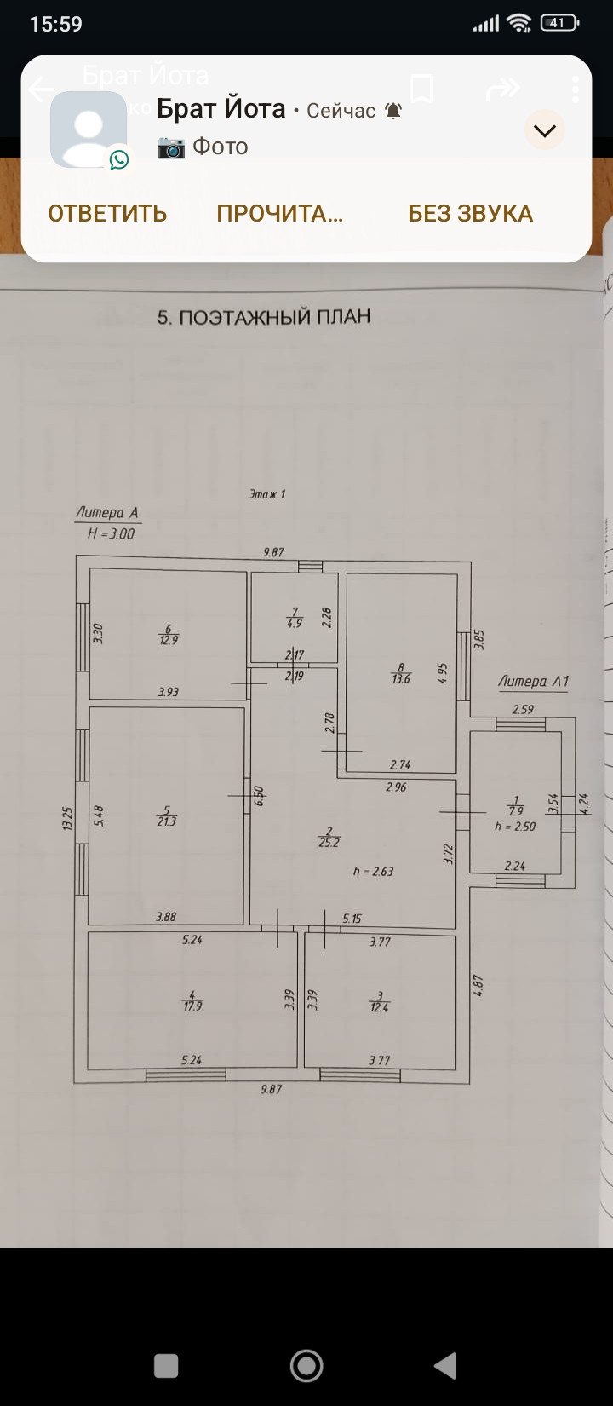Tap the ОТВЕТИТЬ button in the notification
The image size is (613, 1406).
(107, 213)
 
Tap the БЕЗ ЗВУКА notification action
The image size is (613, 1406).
(470, 213)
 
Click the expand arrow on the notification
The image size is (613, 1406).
(544, 130)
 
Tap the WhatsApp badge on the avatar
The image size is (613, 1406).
(119, 159)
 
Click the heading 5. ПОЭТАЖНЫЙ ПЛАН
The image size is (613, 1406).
(264, 317)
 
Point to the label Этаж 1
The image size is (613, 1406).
(266, 493)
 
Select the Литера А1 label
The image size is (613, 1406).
(533, 682)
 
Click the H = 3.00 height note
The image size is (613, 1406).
(111, 534)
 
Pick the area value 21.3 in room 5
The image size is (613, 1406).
(167, 821)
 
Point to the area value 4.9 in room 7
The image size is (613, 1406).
(295, 623)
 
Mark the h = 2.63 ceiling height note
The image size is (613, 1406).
(373, 872)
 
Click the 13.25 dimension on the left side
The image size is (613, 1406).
(67, 819)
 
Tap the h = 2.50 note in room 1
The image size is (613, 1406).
(515, 827)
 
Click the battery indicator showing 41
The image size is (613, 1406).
(559, 23)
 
